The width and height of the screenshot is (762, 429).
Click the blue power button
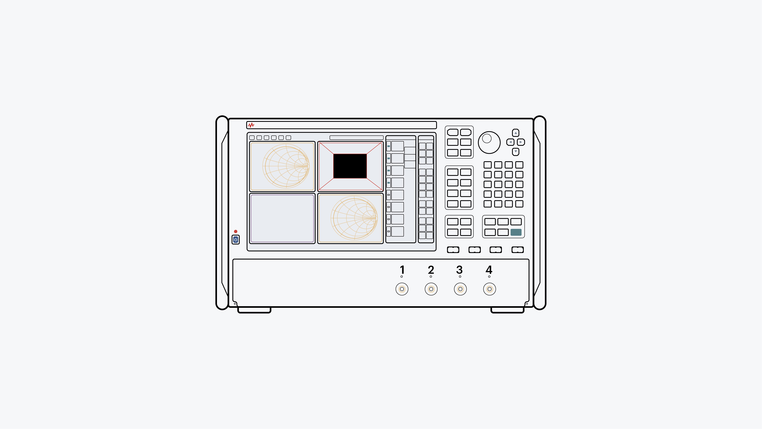pyautogui.click(x=235, y=240)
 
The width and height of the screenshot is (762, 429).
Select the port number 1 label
pyautogui.click(x=402, y=270)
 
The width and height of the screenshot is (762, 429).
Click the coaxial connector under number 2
pyautogui.click(x=431, y=289)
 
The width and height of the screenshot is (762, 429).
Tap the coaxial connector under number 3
pyautogui.click(x=460, y=289)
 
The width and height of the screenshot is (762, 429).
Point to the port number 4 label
pyautogui.click(x=489, y=270)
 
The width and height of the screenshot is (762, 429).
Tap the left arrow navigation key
pyautogui.click(x=510, y=142)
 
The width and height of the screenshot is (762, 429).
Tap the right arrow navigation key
pyautogui.click(x=521, y=142)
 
